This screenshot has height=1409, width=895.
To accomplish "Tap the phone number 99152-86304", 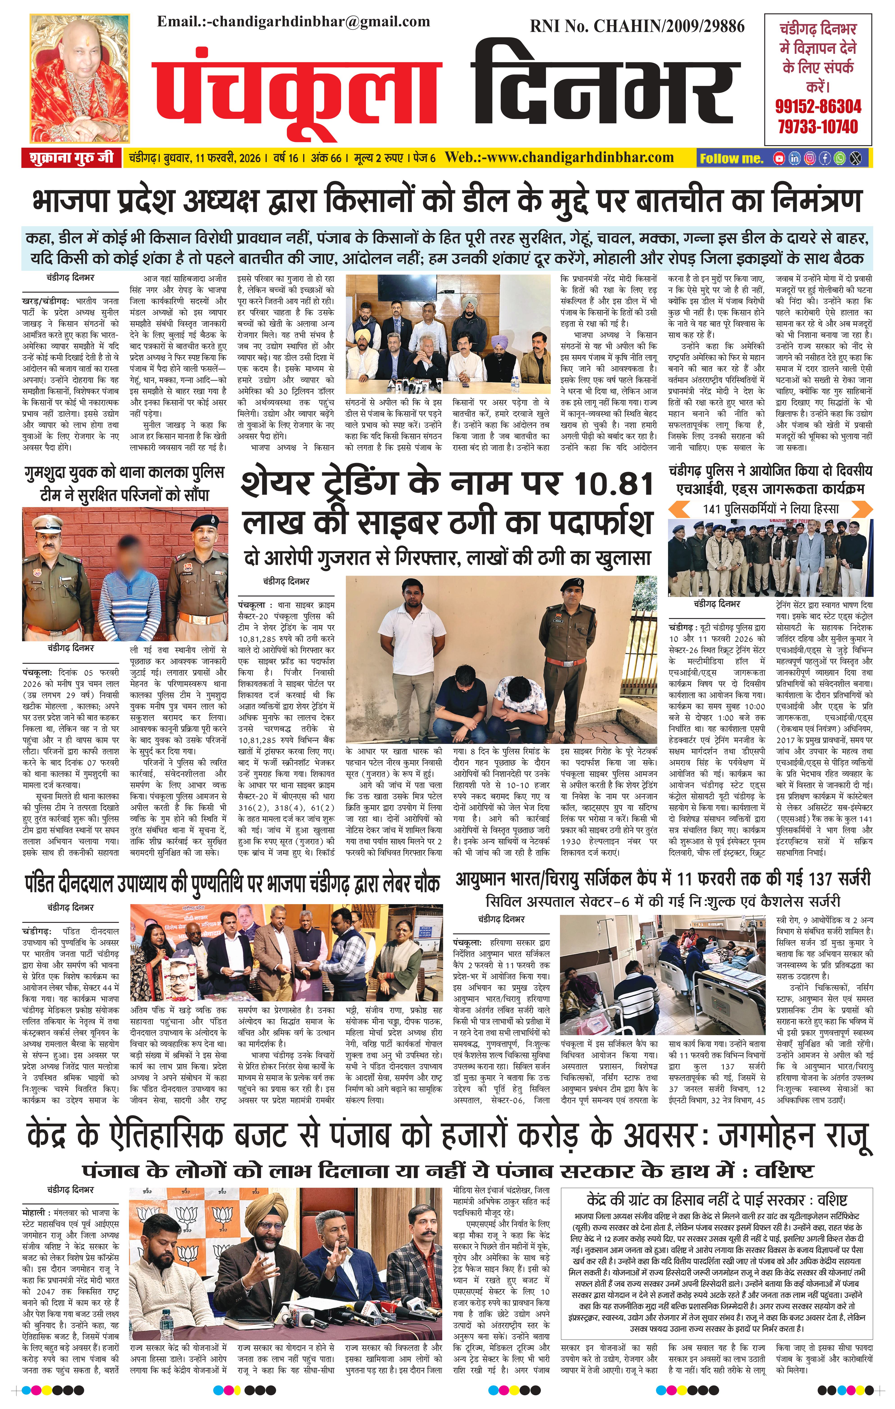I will pyautogui.click(x=818, y=106).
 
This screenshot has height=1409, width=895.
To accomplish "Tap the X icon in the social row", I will pyautogui.click(x=856, y=158).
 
